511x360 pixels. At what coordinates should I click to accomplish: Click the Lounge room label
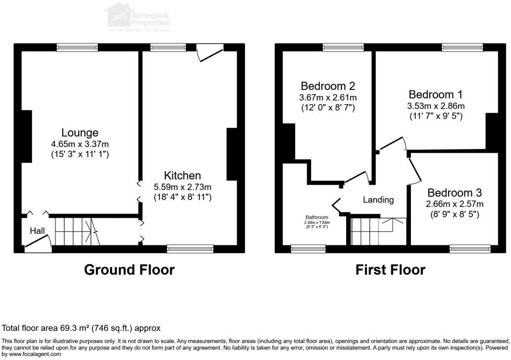(x=80, y=132)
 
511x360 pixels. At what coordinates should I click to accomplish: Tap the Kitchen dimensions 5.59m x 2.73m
(x=181, y=186)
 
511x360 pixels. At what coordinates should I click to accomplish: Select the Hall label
(x=37, y=231)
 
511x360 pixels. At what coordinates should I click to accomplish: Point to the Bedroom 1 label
(x=436, y=95)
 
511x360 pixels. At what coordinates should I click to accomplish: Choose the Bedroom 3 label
(x=454, y=193)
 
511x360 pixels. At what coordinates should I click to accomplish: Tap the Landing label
(x=379, y=199)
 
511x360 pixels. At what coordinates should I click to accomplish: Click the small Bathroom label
(x=317, y=218)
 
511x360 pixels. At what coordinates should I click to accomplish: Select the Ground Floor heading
(x=129, y=270)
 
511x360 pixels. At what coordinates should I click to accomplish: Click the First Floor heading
(x=390, y=270)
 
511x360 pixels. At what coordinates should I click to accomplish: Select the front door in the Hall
(x=38, y=243)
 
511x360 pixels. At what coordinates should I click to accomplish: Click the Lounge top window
(x=77, y=48)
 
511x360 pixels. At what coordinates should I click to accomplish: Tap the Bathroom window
(x=308, y=249)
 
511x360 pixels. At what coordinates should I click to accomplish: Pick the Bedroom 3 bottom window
(x=470, y=249)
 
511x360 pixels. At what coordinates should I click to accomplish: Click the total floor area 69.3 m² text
(x=81, y=328)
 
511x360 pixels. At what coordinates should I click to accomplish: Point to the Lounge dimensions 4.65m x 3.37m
(x=80, y=144)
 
